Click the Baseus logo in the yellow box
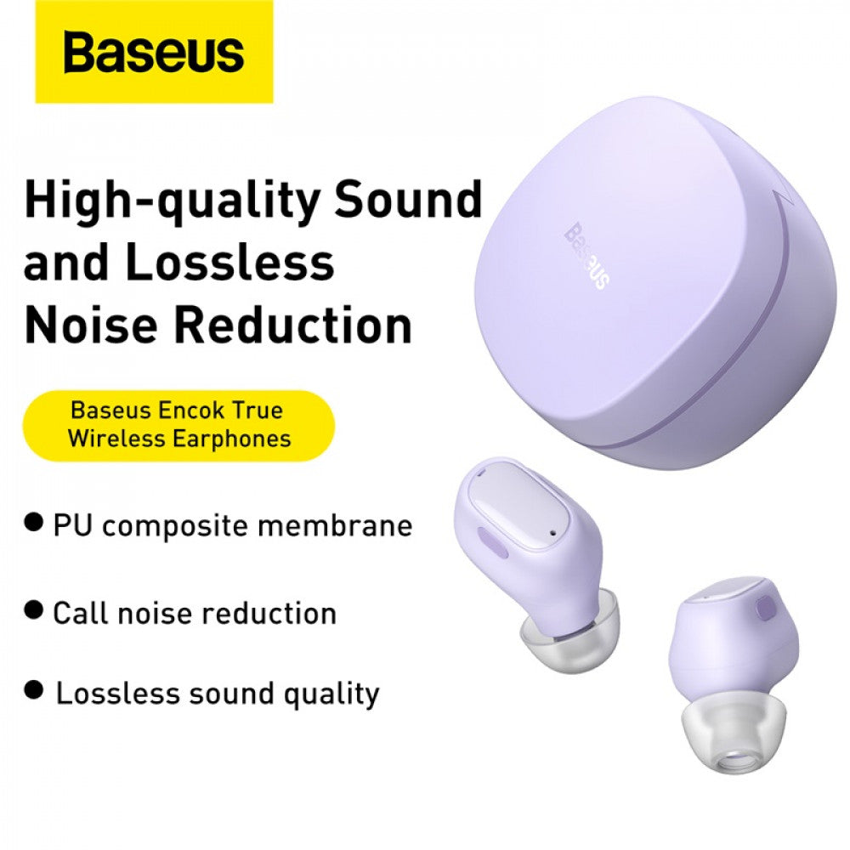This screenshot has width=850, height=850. coord(153,53)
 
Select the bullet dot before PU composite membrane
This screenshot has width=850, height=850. coord(34,522)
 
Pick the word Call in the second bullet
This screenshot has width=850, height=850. coord(81,612)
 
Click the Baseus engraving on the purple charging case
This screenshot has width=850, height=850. coord(586,256)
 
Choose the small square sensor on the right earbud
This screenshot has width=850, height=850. coord(762,610)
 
